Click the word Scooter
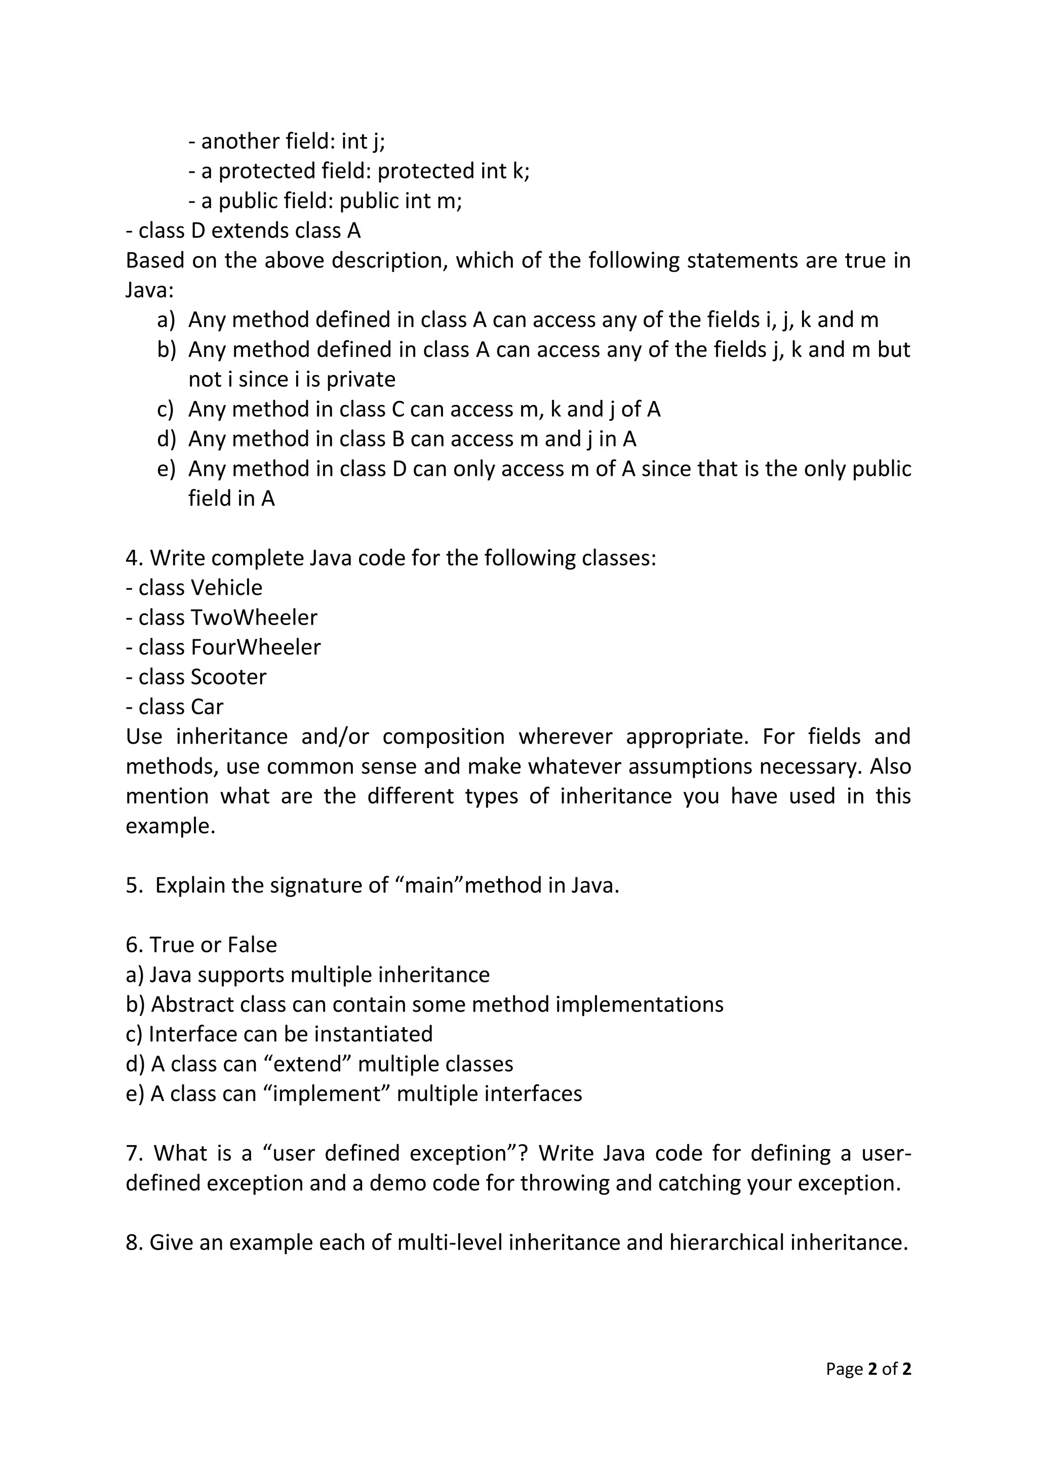(x=228, y=677)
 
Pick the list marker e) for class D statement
(x=166, y=469)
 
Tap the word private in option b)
(x=361, y=380)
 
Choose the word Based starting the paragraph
(x=154, y=261)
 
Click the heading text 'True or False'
(x=213, y=945)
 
